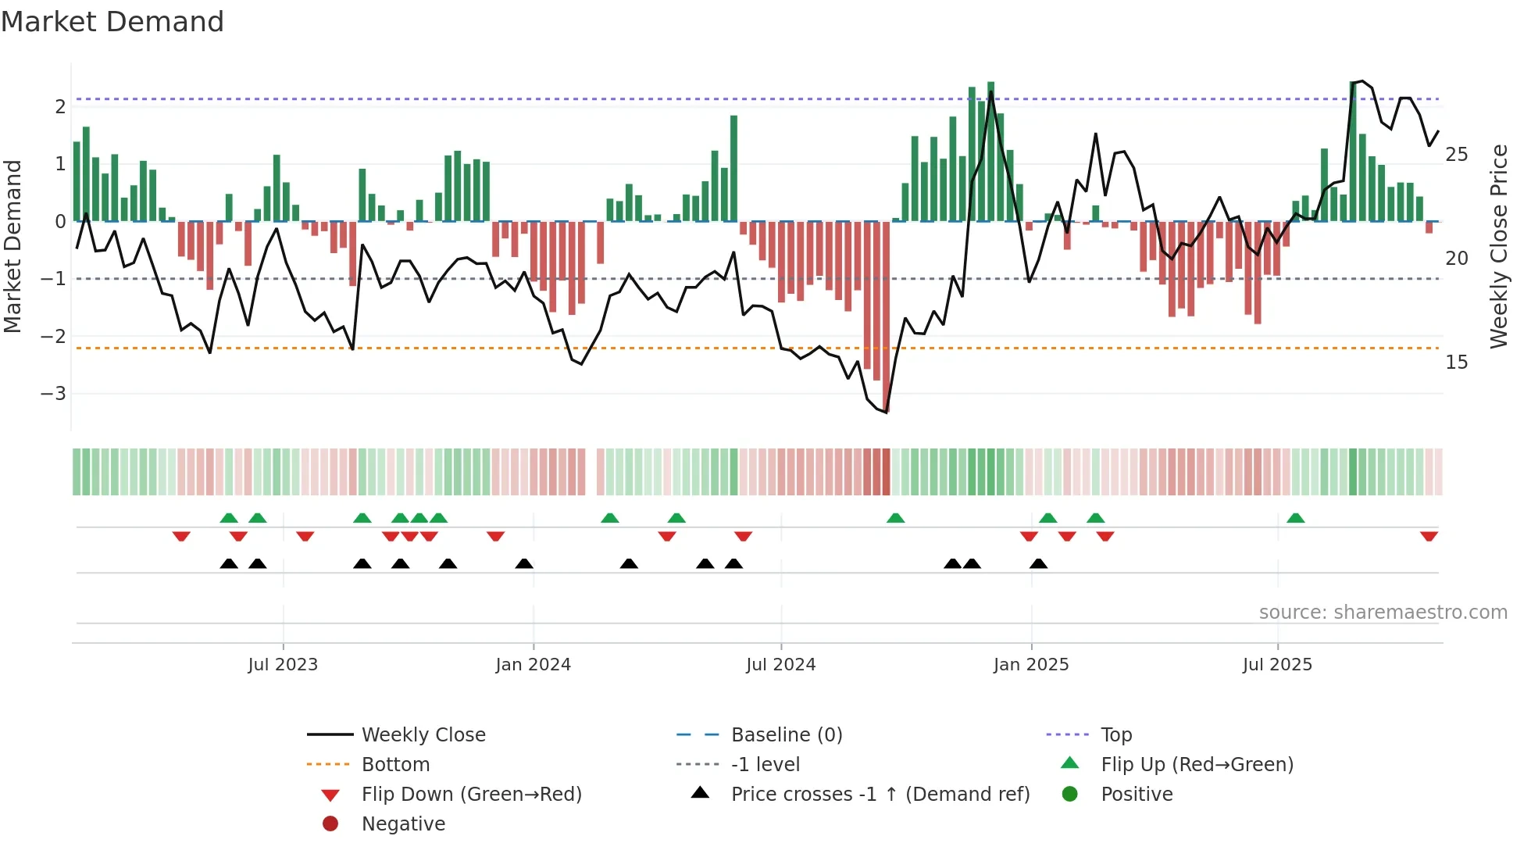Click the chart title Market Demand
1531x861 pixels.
click(112, 22)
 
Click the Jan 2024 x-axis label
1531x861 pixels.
click(533, 665)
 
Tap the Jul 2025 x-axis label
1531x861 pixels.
click(1277, 665)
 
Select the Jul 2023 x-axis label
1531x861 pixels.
click(283, 665)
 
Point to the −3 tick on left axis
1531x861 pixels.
click(54, 393)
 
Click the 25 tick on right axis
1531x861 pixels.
click(1456, 155)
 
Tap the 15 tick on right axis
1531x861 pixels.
click(1456, 363)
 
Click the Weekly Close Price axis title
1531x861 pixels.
click(1498, 246)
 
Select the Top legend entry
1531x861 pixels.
click(1115, 735)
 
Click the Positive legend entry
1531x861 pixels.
click(1136, 795)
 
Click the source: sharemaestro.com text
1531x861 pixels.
click(1383, 613)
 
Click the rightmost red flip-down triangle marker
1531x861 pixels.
click(1429, 536)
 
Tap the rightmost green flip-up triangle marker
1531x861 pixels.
click(1295, 518)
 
